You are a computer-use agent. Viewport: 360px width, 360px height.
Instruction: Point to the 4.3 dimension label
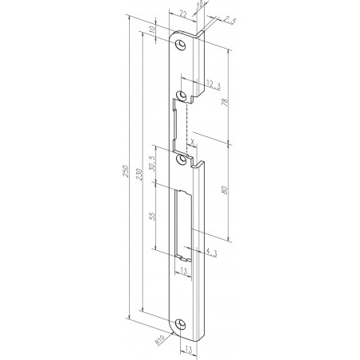point(210,252)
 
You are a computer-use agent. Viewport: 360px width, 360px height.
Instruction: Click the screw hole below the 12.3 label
point(182,95)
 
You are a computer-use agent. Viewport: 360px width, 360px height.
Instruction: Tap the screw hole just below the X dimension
point(182,159)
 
